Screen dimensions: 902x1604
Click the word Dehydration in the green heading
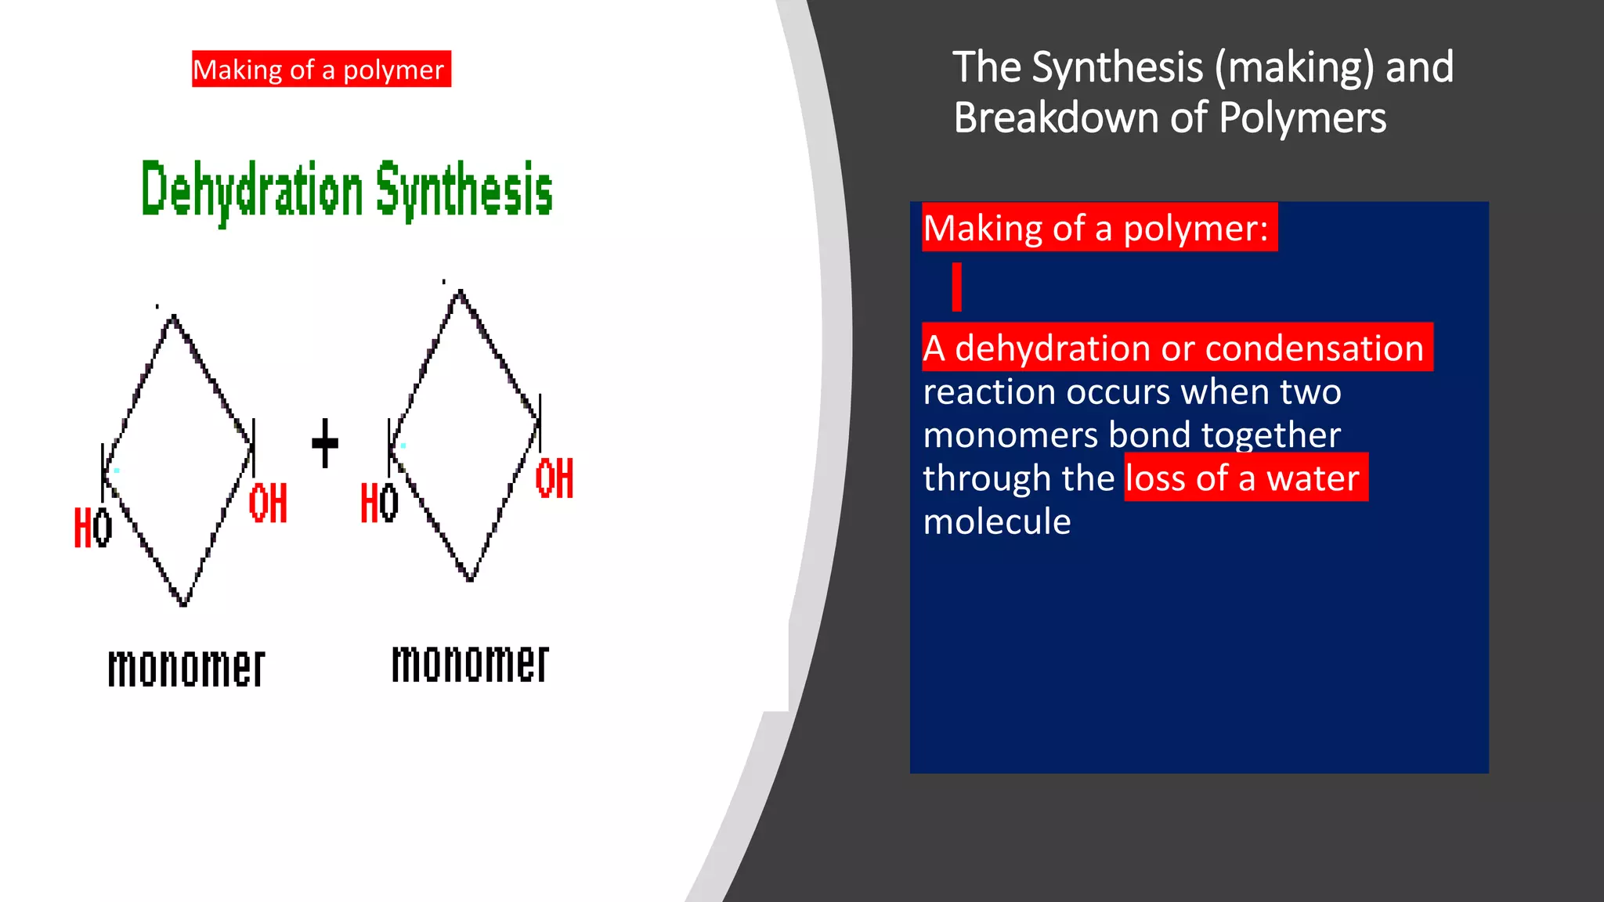click(x=251, y=190)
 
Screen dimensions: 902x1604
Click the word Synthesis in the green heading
click(x=464, y=190)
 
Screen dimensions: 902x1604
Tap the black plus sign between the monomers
click(x=325, y=443)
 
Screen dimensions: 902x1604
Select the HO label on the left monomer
click(x=93, y=528)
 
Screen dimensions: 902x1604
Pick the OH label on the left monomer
click(x=268, y=503)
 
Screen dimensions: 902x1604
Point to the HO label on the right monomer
click(x=379, y=503)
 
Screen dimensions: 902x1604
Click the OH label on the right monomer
click(x=555, y=478)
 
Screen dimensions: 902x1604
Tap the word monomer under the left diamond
click(x=186, y=668)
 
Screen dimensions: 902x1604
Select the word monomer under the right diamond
click(x=470, y=664)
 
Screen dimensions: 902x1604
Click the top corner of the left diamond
click(x=173, y=317)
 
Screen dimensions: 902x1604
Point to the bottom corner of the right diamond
click(x=470, y=579)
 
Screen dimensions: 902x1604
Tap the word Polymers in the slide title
click(x=1302, y=118)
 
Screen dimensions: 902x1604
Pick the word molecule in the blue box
click(x=997, y=521)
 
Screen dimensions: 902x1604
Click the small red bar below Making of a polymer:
click(x=956, y=287)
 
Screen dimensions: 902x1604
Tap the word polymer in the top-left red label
click(x=393, y=70)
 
